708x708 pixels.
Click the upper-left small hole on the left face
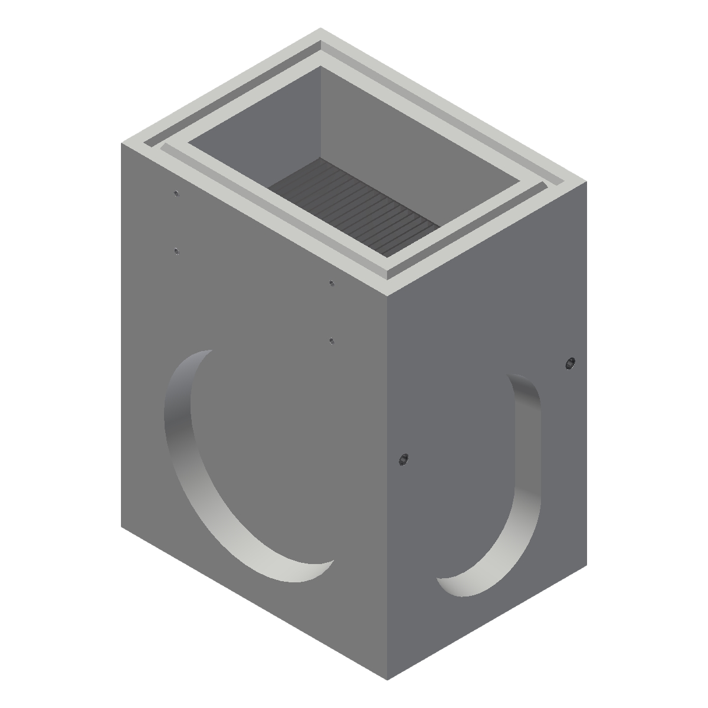click(176, 193)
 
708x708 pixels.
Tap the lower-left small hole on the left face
click(176, 251)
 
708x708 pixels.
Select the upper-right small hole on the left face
click(332, 283)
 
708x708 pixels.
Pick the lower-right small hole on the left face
click(332, 340)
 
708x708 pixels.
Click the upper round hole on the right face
click(570, 363)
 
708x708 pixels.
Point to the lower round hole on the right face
click(404, 459)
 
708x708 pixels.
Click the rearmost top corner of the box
click(320, 28)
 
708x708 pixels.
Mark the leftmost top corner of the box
click(122, 143)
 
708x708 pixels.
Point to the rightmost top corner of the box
click(586, 182)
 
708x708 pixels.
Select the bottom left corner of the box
click(122, 527)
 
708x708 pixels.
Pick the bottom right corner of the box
click(586, 565)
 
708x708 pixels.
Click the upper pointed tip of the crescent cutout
click(211, 351)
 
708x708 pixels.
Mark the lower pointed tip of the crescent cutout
click(334, 561)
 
